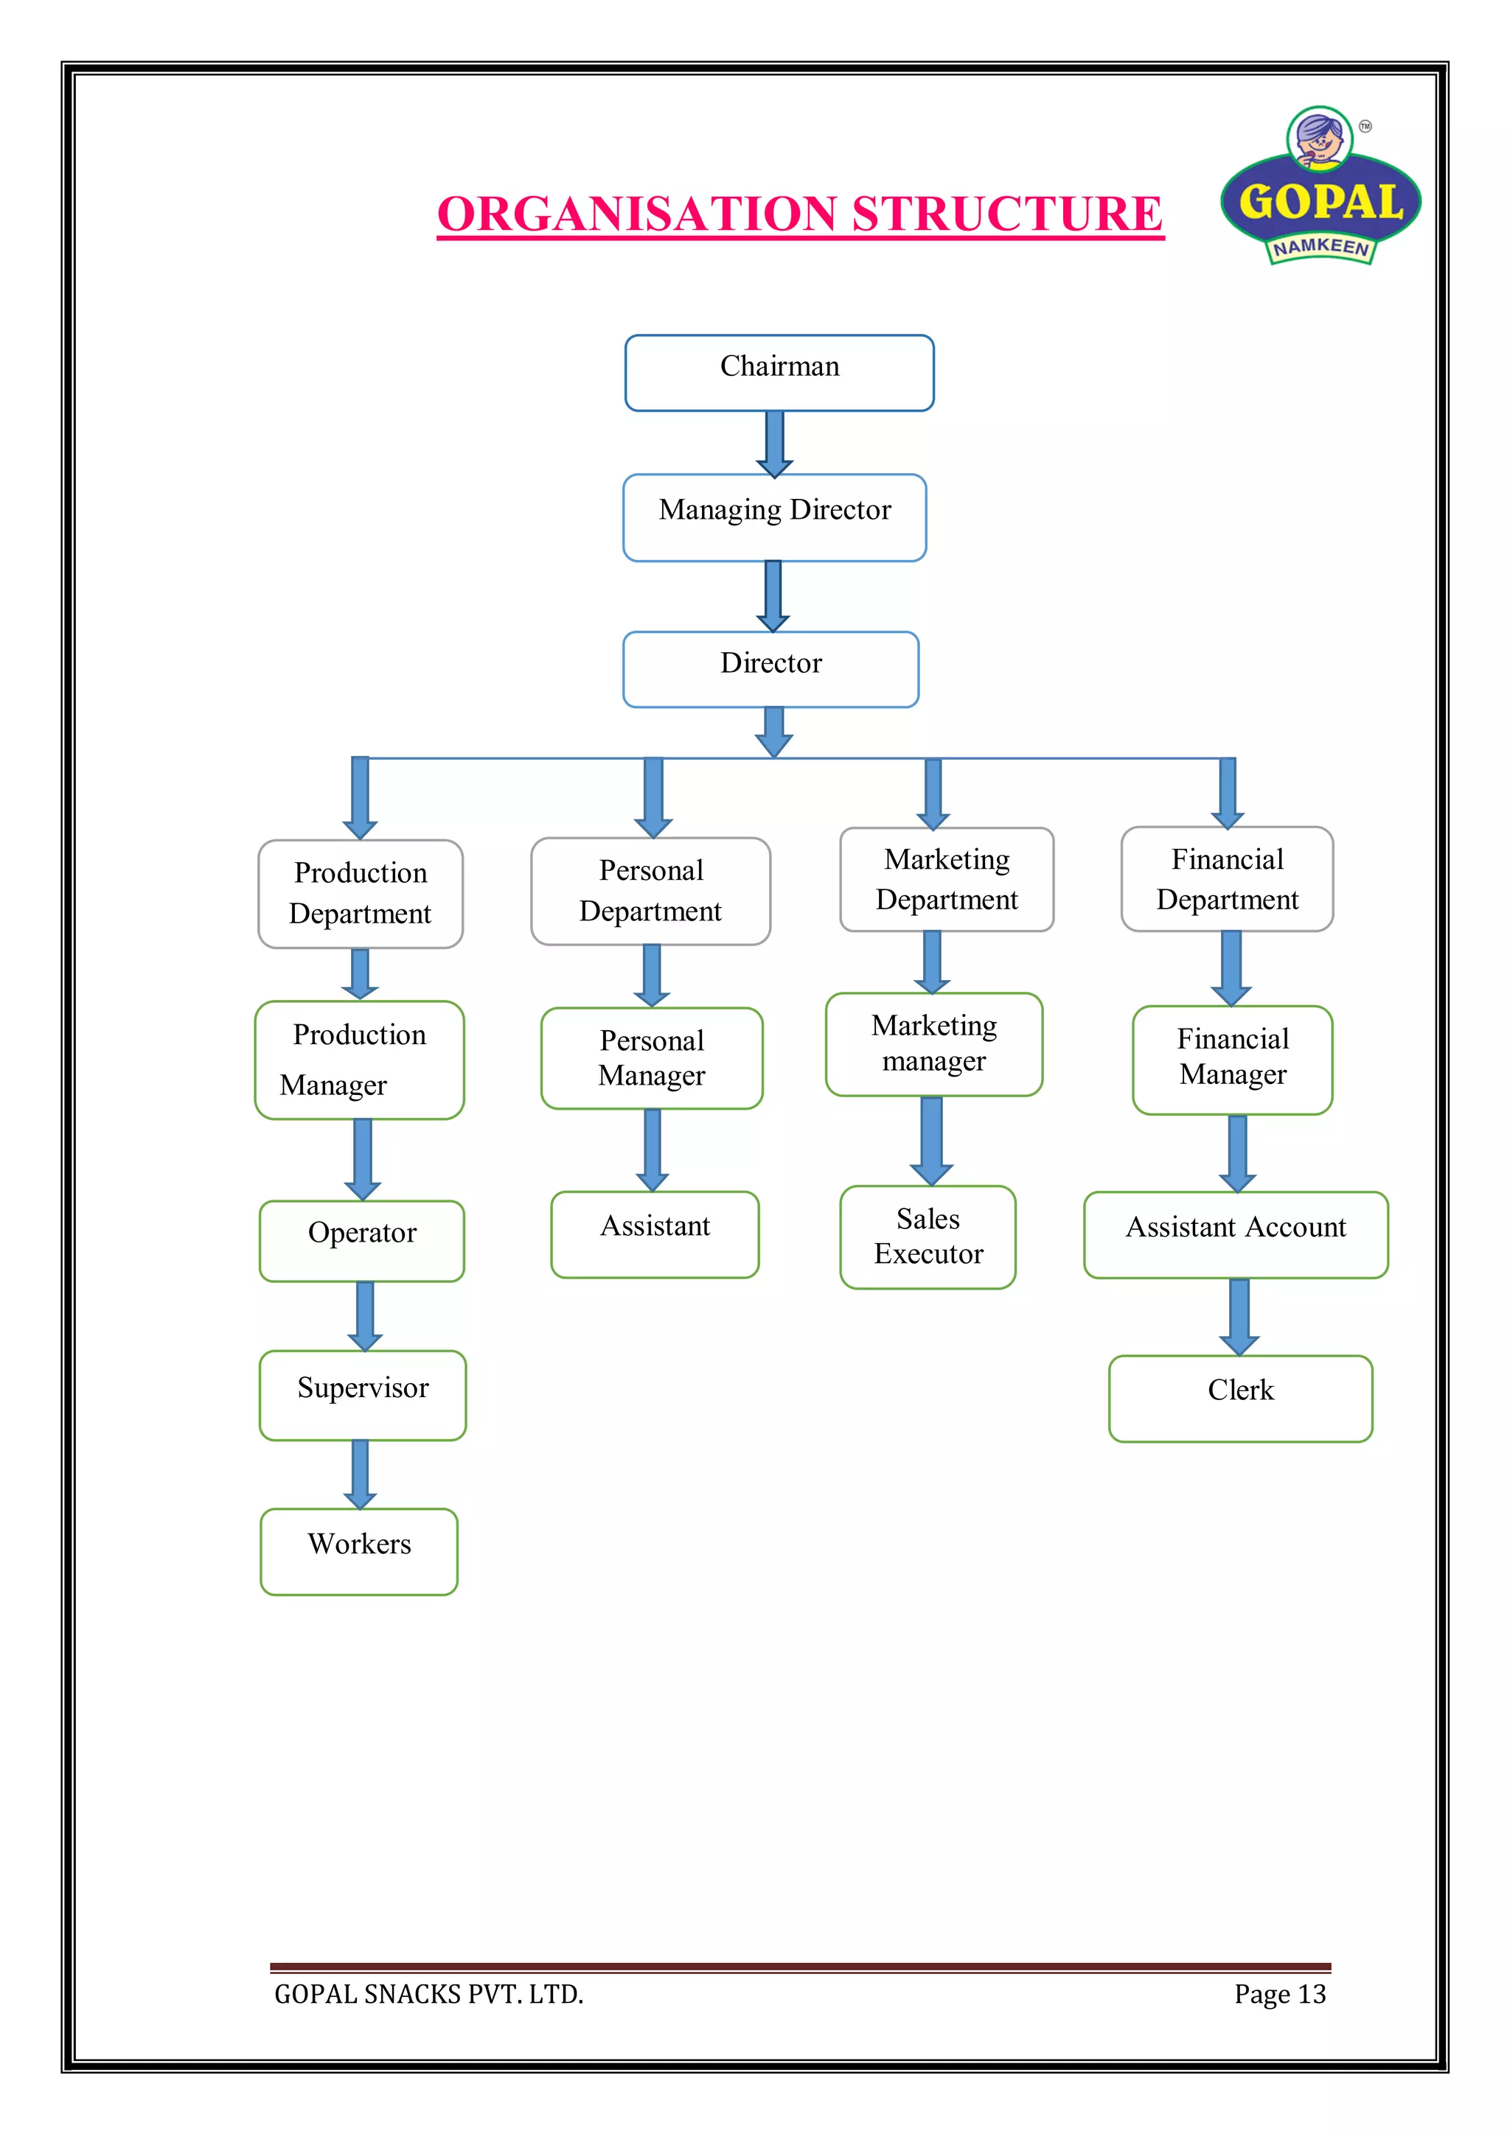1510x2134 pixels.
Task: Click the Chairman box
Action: (779, 372)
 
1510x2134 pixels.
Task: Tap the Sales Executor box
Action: (927, 1236)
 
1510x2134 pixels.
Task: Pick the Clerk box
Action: (1239, 1398)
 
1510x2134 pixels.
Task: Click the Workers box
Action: (359, 1551)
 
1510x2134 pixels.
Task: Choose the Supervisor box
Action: (363, 1394)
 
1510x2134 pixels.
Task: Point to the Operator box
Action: (362, 1240)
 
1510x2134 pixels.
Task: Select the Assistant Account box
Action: (1236, 1234)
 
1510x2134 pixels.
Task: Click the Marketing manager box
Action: (933, 1043)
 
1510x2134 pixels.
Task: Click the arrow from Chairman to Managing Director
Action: (773, 444)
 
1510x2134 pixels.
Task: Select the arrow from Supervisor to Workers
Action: (360, 1473)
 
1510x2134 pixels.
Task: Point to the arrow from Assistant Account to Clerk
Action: (1239, 1316)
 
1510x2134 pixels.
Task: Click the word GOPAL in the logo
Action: (1321, 203)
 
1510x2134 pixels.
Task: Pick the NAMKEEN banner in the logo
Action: (1321, 248)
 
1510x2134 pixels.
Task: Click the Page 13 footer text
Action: (1279, 1994)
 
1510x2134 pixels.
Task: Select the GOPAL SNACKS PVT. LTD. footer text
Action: (428, 1994)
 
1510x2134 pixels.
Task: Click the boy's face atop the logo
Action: (1319, 139)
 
